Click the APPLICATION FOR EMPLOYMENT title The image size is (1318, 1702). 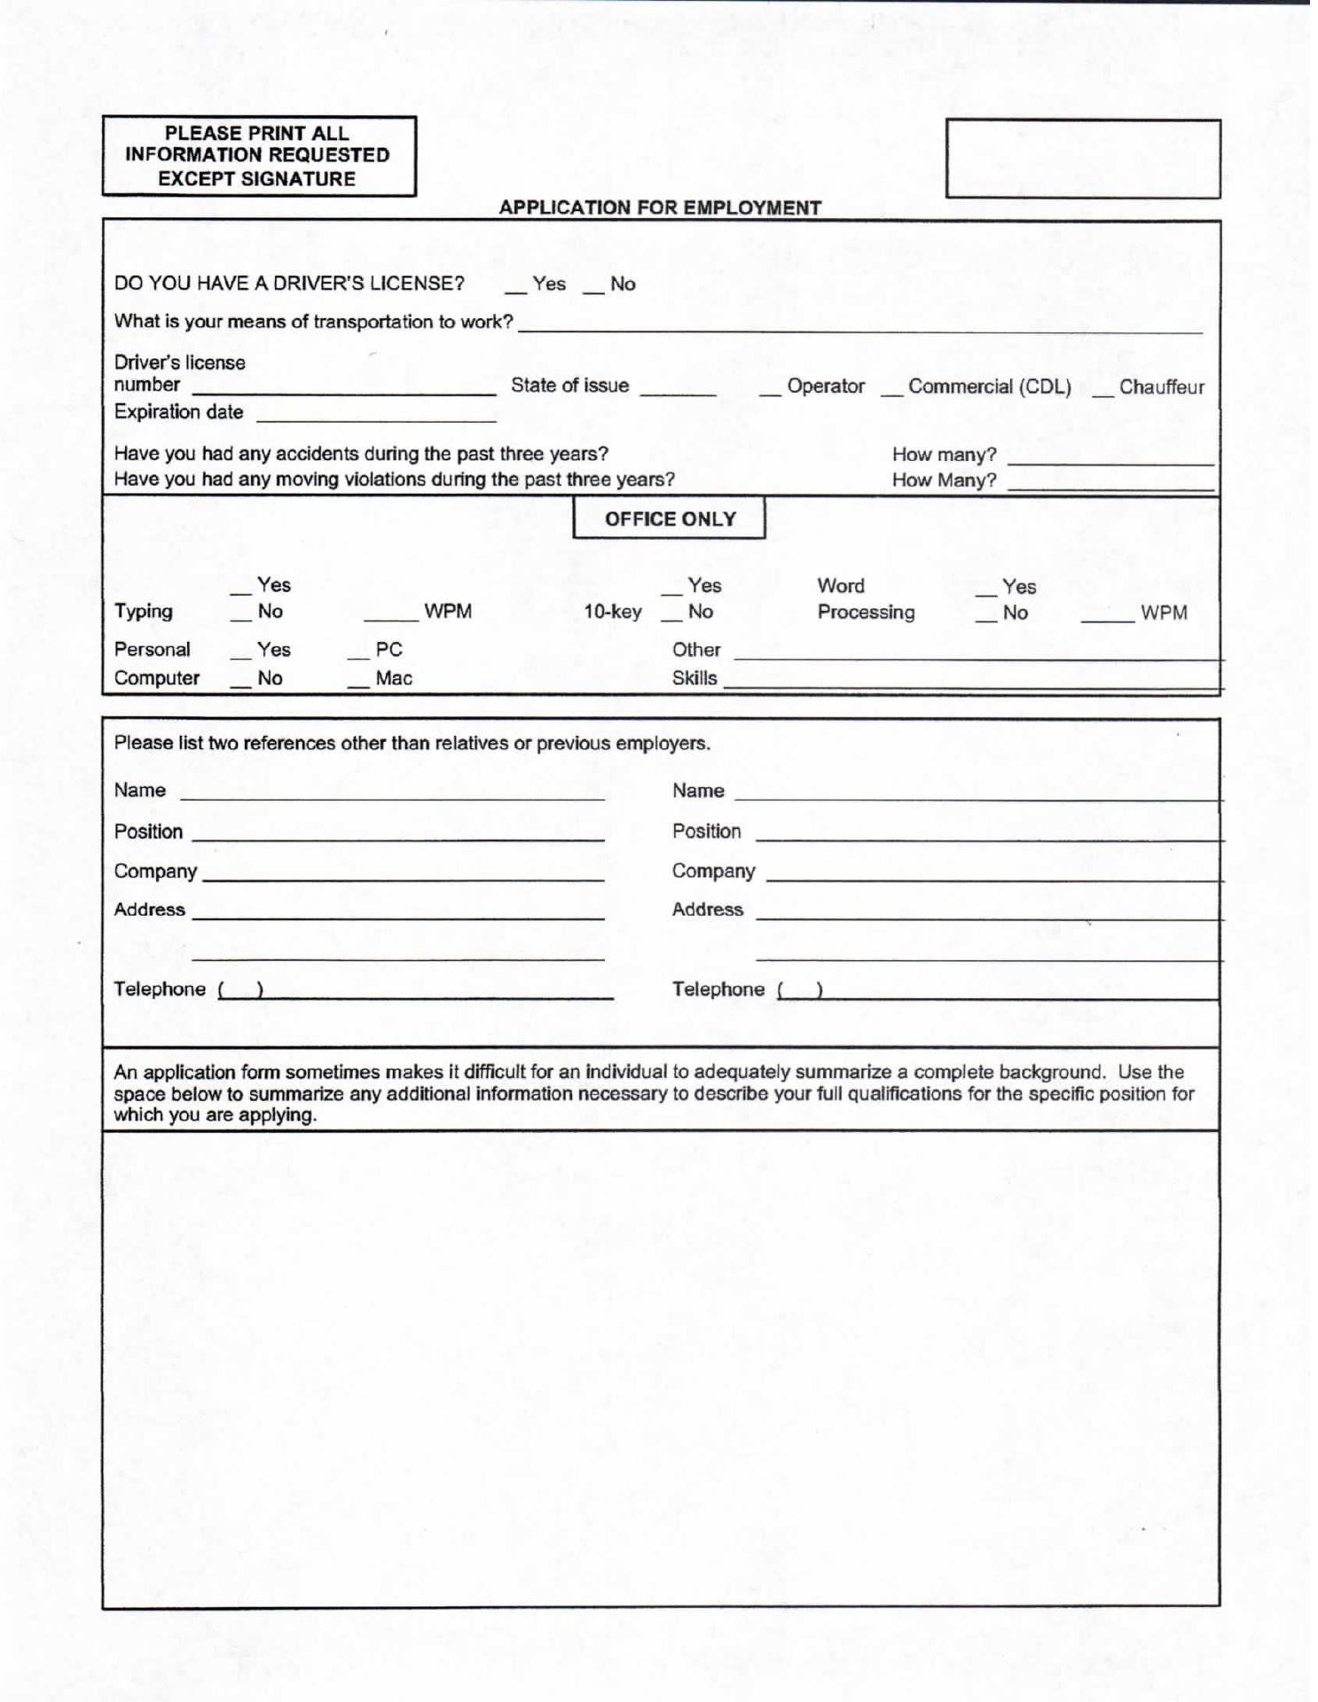coord(660,207)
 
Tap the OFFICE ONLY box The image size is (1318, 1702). coord(670,519)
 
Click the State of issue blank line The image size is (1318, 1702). coord(678,390)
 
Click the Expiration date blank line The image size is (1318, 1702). coord(376,417)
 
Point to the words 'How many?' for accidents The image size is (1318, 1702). coord(944,455)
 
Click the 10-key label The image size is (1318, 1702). coord(612,612)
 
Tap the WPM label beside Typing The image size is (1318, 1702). coord(448,612)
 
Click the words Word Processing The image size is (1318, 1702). coord(866,599)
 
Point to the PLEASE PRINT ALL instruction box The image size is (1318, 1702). coord(258,156)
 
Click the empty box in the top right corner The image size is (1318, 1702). coord(1082,159)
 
